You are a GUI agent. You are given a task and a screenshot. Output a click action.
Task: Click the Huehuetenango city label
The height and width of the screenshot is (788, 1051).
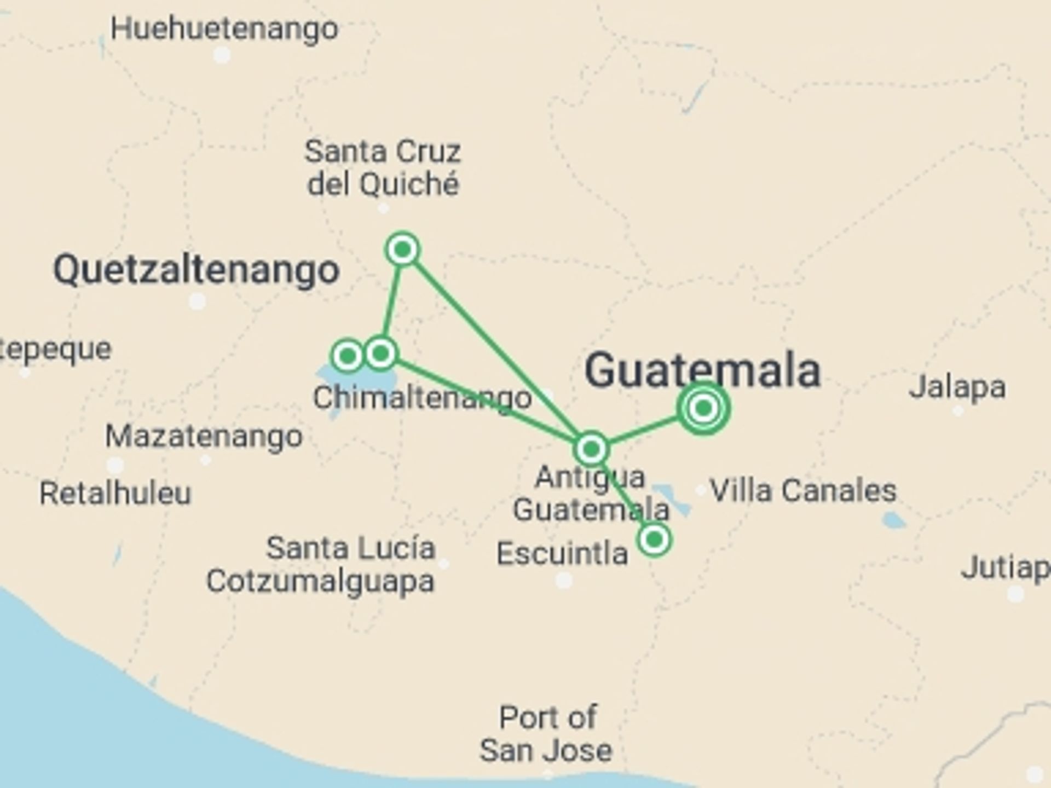(x=224, y=28)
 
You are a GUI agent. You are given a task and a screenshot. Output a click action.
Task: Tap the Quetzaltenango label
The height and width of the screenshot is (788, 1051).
(x=196, y=270)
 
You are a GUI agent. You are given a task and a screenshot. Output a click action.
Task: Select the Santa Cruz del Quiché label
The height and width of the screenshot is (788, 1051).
(x=383, y=167)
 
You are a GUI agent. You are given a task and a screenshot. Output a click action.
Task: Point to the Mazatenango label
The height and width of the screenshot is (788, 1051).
(x=204, y=437)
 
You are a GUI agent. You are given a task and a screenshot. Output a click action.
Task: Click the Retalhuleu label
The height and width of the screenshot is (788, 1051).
(x=116, y=493)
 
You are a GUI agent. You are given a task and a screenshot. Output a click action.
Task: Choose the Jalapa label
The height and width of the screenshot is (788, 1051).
(x=957, y=387)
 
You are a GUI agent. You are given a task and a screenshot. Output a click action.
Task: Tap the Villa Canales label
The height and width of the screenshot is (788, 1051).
(x=803, y=490)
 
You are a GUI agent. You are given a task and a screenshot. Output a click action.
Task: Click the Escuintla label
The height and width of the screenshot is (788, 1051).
(x=562, y=553)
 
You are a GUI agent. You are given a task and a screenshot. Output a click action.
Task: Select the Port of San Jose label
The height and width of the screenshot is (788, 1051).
(x=546, y=733)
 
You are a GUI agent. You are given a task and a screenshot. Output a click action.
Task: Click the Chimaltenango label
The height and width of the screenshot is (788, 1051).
(x=422, y=398)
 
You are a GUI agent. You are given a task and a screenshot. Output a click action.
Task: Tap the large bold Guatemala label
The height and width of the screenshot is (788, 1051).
(x=703, y=370)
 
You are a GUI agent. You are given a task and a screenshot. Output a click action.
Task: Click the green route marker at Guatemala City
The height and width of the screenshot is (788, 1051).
(x=703, y=408)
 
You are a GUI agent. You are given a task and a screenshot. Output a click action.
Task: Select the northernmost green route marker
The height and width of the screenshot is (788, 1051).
(x=403, y=250)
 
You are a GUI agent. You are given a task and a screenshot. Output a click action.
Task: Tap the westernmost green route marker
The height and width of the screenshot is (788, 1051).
(x=348, y=356)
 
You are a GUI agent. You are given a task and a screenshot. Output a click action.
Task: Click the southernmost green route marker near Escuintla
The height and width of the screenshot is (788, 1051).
(x=654, y=540)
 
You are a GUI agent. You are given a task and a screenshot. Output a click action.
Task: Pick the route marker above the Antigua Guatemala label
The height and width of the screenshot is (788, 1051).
(x=591, y=449)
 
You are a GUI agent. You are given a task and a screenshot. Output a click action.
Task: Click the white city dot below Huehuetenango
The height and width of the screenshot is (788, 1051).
(x=222, y=55)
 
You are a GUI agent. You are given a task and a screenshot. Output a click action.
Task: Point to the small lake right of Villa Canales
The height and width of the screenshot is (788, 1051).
(x=893, y=520)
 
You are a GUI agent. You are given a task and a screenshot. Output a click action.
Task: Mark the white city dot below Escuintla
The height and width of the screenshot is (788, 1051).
(x=564, y=580)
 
